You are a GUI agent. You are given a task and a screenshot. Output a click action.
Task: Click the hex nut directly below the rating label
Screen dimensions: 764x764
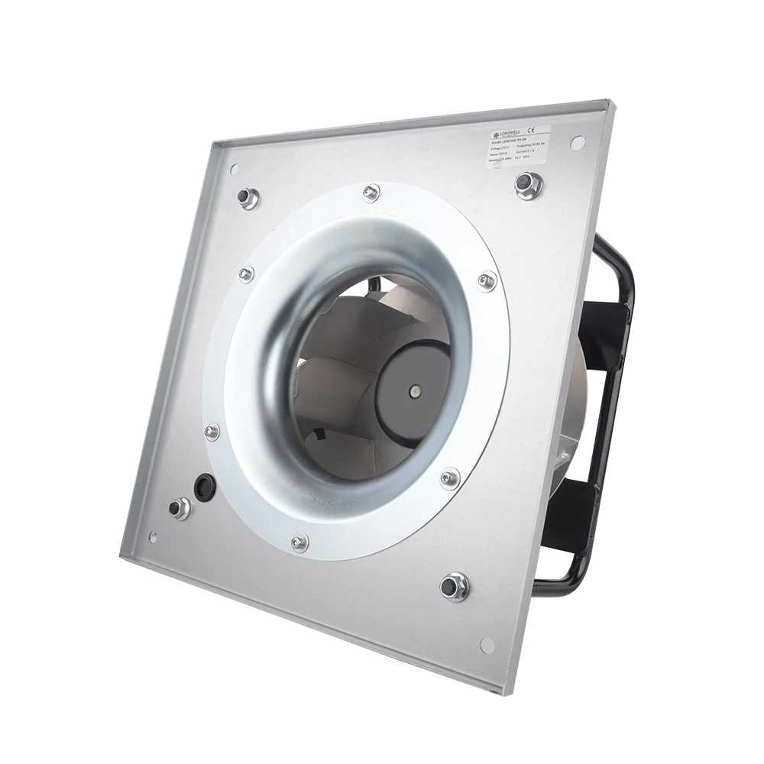pyautogui.click(x=528, y=184)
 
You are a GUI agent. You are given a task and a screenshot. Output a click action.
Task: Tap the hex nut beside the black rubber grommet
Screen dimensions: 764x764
pyautogui.click(x=180, y=507)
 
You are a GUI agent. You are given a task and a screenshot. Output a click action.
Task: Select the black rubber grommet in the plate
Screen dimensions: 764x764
pyautogui.click(x=204, y=487)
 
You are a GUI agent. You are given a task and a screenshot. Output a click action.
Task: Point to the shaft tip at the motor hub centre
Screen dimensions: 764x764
pyautogui.click(x=414, y=392)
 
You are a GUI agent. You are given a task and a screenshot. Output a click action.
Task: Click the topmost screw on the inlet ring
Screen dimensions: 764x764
pyautogui.click(x=371, y=192)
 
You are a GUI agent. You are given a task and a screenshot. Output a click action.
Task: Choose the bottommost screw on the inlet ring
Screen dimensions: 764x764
pyautogui.click(x=299, y=542)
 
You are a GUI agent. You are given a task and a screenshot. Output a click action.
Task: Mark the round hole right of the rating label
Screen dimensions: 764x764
pyautogui.click(x=578, y=143)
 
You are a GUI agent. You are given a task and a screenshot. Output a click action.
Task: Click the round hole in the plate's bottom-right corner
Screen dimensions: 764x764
pyautogui.click(x=487, y=645)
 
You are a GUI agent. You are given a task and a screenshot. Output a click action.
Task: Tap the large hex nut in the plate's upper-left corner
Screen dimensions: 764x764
pyautogui.click(x=248, y=198)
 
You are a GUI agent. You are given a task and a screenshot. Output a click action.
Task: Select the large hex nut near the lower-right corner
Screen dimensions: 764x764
pyautogui.click(x=455, y=586)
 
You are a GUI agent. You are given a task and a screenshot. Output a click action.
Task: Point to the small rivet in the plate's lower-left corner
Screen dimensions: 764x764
pyautogui.click(x=153, y=537)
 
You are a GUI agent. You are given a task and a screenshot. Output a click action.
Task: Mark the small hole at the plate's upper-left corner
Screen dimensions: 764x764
pyautogui.click(x=234, y=170)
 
